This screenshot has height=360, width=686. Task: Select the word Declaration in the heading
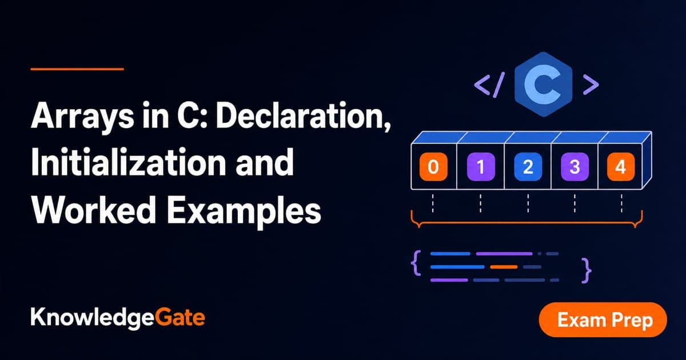tap(303, 115)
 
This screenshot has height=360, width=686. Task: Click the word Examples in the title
tap(244, 212)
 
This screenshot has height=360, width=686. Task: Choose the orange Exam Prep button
tap(603, 319)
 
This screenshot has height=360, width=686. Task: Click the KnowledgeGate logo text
tap(118, 318)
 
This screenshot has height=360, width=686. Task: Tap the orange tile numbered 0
tap(433, 166)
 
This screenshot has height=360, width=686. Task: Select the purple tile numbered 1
tap(481, 166)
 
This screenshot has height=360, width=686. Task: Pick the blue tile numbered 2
tap(528, 166)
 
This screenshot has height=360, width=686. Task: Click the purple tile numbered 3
tap(575, 166)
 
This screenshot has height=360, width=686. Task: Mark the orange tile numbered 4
tap(621, 166)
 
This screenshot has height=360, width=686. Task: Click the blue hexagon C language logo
tap(543, 85)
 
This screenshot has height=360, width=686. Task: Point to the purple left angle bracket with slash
tap(489, 85)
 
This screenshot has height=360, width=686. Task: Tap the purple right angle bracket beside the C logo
tap(591, 85)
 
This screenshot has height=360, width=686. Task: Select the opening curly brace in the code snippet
tap(416, 263)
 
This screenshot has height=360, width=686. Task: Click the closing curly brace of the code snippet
tap(587, 271)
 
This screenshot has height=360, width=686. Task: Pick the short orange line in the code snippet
tap(504, 267)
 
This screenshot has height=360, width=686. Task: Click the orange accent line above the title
tap(77, 69)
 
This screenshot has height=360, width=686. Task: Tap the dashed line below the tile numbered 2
tap(528, 203)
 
